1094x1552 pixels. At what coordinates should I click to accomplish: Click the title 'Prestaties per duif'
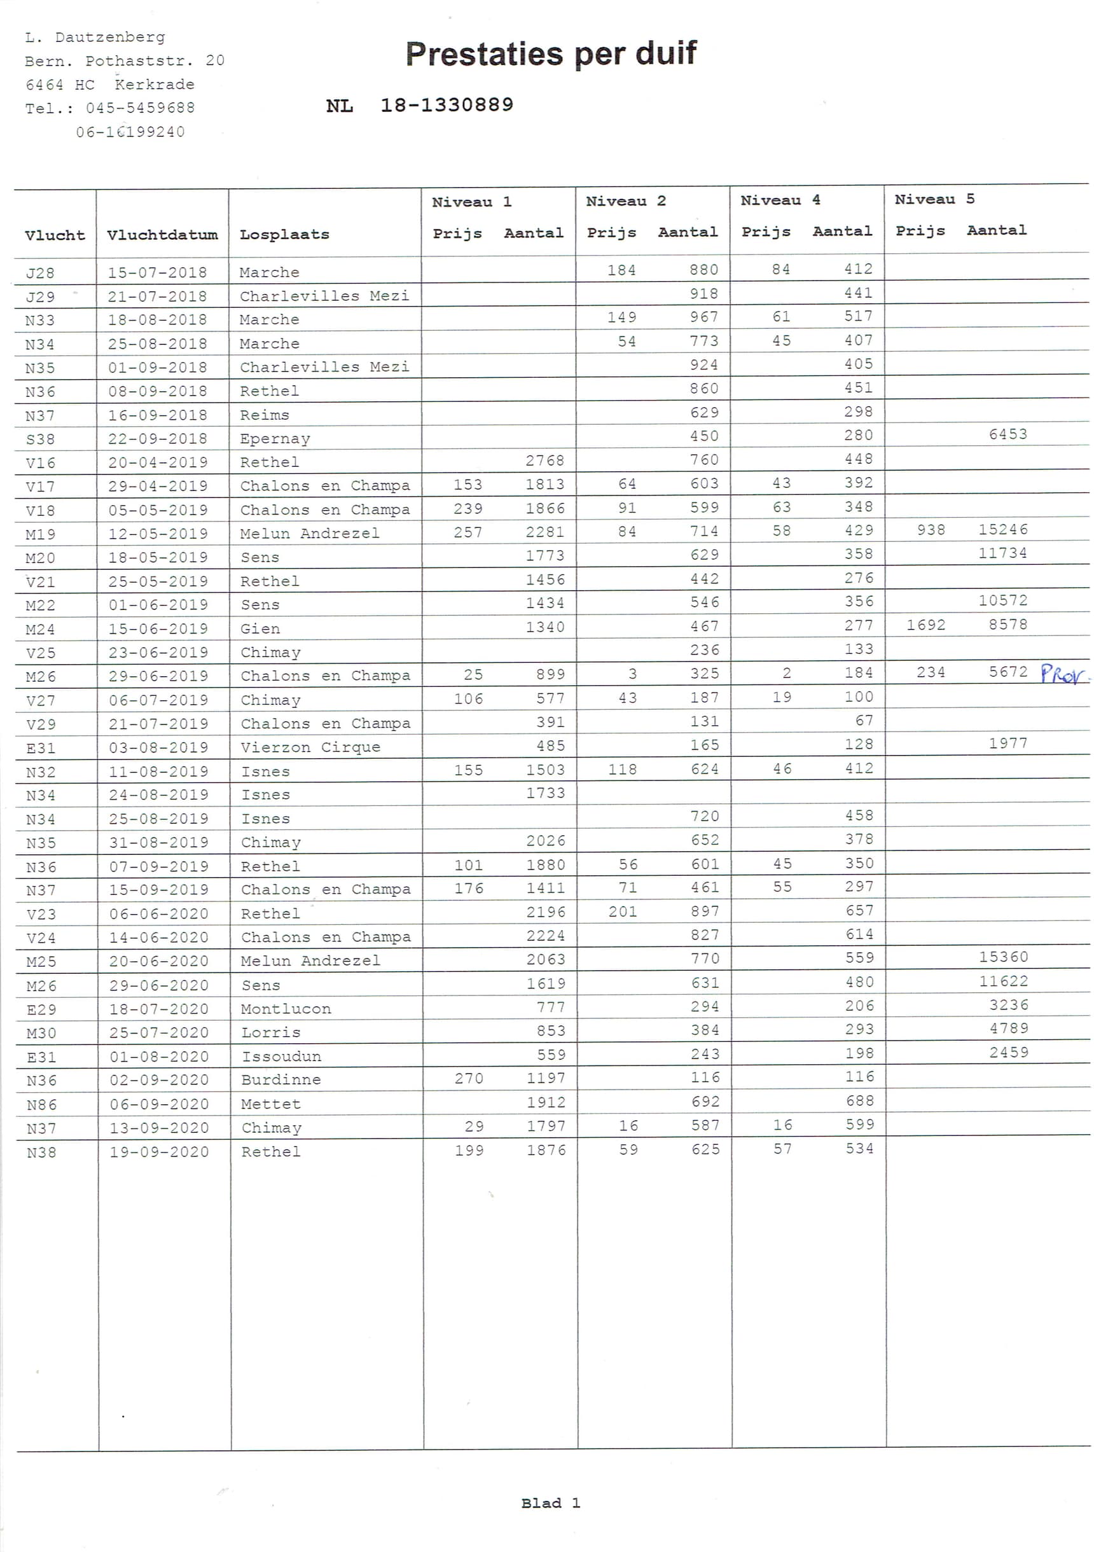tap(550, 54)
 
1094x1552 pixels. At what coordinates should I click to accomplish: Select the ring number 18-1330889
tap(447, 105)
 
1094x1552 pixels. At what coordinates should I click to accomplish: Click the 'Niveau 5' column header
tap(934, 200)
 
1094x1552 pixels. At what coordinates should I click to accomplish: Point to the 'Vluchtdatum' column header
tap(162, 235)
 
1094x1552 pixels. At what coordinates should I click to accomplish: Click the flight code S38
tap(40, 440)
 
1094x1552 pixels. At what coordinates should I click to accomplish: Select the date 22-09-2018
tap(157, 439)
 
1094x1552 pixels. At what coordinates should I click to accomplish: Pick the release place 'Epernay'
tap(275, 439)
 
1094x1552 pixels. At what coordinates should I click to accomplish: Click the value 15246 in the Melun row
tap(1002, 530)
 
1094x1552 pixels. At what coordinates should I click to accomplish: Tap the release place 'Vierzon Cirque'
tap(310, 747)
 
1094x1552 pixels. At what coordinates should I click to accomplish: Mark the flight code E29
tap(41, 1009)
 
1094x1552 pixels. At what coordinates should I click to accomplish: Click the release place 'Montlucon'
tap(286, 1009)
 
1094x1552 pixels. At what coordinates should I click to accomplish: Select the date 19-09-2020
tap(159, 1152)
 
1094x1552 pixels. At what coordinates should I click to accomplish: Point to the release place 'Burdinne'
tap(280, 1080)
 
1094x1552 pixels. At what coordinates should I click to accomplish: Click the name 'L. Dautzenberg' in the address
tap(95, 37)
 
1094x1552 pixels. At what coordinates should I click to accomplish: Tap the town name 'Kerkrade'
tap(154, 85)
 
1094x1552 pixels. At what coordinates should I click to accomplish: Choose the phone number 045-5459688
tap(140, 108)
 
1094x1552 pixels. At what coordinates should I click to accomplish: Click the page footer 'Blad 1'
tap(550, 1503)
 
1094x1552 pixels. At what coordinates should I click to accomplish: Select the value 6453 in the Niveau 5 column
tap(1007, 434)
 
